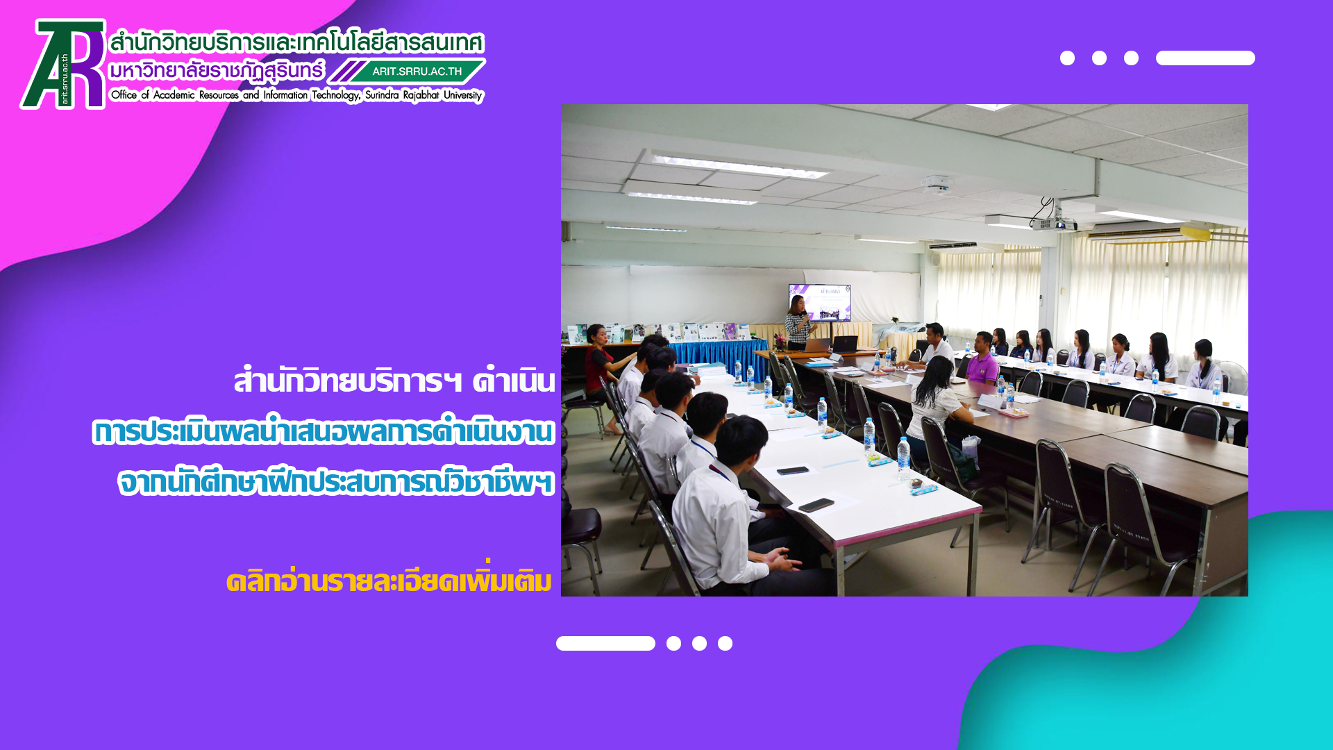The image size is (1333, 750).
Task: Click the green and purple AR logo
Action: click(63, 64)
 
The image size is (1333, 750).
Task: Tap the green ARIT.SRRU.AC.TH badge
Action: click(417, 71)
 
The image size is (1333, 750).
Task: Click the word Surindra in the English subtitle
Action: click(382, 94)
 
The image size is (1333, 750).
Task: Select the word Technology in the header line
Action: click(335, 95)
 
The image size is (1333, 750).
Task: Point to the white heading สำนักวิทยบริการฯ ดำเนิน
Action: click(394, 380)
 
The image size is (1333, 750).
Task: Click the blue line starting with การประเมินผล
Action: click(324, 431)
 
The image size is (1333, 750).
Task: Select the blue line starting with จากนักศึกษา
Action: click(336, 481)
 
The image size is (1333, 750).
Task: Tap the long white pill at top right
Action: click(1205, 58)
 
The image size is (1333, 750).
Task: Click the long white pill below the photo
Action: click(605, 643)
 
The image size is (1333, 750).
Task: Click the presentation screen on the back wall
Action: click(819, 302)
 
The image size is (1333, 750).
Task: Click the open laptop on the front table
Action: click(844, 344)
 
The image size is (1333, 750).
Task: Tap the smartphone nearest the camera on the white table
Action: click(816, 505)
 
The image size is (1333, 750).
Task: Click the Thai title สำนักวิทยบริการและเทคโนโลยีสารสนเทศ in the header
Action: click(297, 43)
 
